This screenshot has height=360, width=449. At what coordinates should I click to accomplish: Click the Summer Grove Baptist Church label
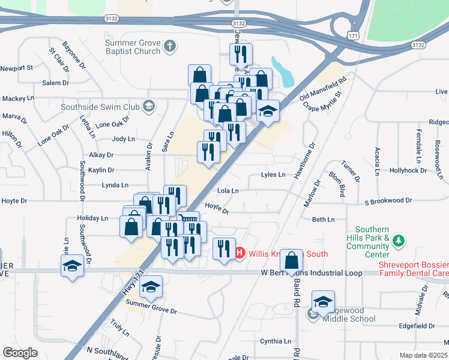133,47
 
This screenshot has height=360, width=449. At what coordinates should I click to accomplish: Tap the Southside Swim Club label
100,107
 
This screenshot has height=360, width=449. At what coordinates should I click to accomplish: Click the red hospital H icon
240,254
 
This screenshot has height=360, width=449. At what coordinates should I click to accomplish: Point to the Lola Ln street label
228,191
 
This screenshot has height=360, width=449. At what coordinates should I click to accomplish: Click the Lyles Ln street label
273,175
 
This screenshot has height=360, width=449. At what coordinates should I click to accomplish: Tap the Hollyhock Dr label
408,170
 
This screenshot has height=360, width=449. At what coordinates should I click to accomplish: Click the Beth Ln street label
323,220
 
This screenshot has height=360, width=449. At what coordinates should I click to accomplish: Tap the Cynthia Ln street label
275,341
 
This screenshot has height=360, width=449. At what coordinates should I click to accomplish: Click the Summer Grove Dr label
157,311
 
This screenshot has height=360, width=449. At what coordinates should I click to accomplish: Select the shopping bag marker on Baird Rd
292,261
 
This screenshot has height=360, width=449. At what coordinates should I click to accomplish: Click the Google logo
20,353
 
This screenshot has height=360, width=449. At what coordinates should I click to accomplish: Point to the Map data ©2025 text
423,355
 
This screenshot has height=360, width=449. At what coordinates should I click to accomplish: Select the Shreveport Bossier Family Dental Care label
413,269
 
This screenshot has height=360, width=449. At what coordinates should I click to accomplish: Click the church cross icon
170,46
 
